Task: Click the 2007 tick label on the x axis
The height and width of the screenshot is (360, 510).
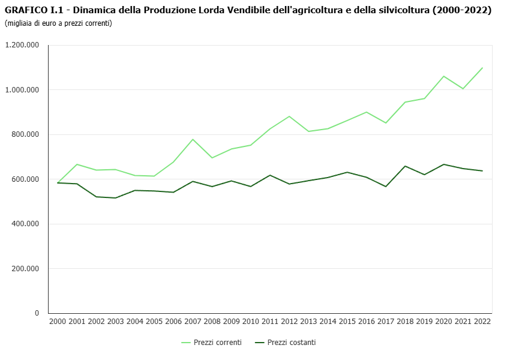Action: click(193, 322)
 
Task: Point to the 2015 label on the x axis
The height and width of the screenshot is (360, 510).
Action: click(347, 322)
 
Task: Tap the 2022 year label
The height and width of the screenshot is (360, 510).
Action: click(482, 322)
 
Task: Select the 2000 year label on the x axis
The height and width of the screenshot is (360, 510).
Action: click(58, 322)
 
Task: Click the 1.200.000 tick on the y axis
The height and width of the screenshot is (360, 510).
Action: click(22, 45)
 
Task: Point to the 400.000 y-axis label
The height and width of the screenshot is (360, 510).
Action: click(25, 224)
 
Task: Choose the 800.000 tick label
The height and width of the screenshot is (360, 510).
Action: click(25, 134)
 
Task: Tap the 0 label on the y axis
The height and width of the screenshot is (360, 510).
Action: click(37, 313)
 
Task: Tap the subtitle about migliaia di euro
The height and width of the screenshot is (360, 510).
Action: click(58, 23)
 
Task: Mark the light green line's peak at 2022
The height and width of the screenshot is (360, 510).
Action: click(482, 68)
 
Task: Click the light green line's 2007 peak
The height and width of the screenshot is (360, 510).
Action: click(193, 139)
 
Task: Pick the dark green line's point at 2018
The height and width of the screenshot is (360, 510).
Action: click(405, 166)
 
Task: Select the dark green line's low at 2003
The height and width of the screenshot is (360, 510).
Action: click(115, 198)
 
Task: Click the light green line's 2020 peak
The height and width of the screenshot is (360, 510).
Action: click(443, 76)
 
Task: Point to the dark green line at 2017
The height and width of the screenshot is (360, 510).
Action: click(386, 187)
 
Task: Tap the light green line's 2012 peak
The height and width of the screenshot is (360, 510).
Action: click(289, 116)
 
